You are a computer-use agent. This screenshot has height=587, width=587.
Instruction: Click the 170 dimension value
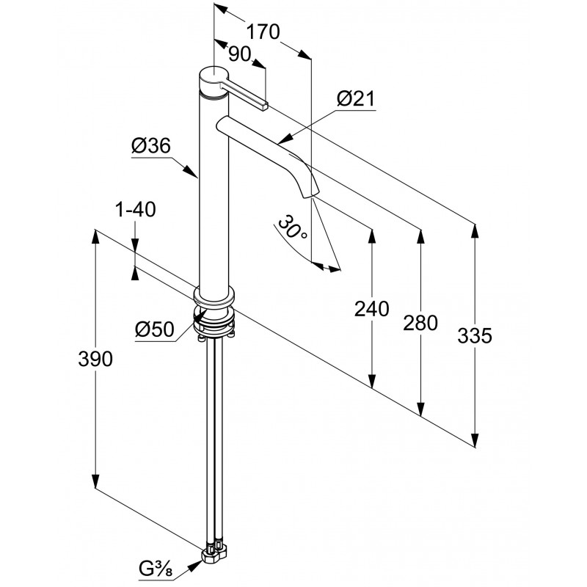[x=262, y=32]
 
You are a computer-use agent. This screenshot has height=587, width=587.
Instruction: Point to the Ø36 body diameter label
[x=151, y=146]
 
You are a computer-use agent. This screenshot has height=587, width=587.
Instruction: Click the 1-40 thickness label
[x=136, y=211]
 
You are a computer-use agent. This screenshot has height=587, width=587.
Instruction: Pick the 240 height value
[x=371, y=310]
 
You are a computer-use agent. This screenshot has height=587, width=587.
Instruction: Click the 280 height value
[x=420, y=322]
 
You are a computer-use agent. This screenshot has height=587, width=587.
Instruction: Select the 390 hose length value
[x=95, y=359]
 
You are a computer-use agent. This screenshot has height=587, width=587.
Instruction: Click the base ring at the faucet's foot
[x=214, y=297]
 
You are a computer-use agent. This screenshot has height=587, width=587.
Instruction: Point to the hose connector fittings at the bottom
[x=216, y=549]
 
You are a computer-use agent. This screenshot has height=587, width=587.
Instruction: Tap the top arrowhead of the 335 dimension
[x=475, y=230]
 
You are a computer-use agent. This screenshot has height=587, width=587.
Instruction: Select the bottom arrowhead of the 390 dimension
[x=95, y=484]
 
